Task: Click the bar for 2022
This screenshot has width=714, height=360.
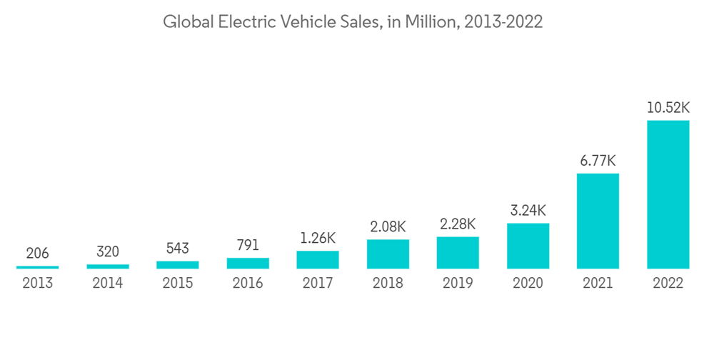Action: pos(668,194)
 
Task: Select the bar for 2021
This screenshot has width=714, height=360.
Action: pos(598,221)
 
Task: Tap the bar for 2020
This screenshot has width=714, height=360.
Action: pos(528,246)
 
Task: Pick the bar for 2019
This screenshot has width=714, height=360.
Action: pos(458,252)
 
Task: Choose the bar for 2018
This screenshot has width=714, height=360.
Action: pos(388,254)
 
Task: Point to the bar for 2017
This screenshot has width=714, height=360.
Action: pos(318,259)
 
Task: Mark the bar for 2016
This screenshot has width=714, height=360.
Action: pos(248,263)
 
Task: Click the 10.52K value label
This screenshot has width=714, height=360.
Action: pos(668,108)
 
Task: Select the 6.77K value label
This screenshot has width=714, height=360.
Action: pos(598,161)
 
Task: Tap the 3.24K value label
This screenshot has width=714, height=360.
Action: pos(528,211)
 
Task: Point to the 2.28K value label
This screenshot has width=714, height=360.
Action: pos(458,224)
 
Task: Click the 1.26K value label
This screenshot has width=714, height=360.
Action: pos(318,238)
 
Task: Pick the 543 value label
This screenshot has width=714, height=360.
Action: pos(178,248)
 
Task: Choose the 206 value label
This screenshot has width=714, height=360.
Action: pos(38,254)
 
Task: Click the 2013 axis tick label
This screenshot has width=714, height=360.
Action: pos(38,284)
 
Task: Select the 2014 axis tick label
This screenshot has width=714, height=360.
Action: pos(108,284)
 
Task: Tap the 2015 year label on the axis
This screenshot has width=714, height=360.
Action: pos(178,284)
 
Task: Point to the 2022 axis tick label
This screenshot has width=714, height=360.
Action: pos(668,284)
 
